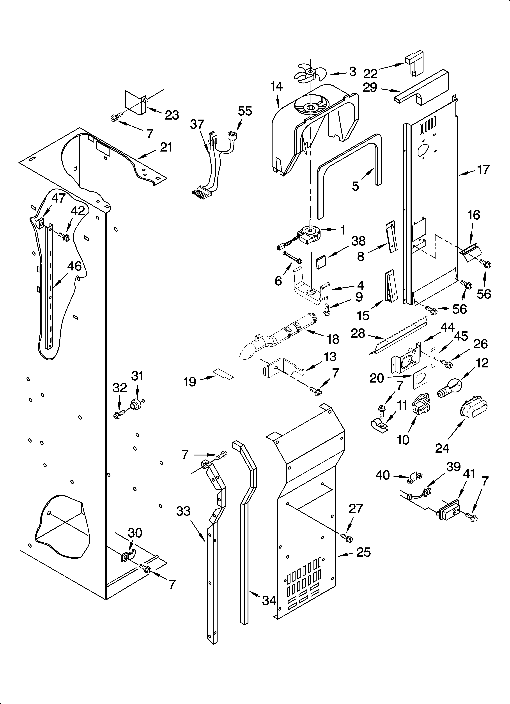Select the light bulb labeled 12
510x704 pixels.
(449, 389)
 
